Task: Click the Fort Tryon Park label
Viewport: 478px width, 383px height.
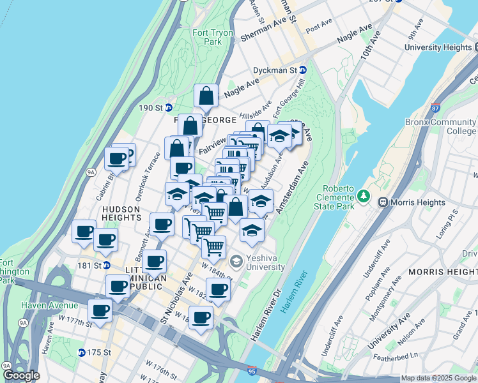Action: [x=208, y=38]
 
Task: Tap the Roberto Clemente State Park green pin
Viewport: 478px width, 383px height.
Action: [x=364, y=195]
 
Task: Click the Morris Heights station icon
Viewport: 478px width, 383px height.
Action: [x=383, y=202]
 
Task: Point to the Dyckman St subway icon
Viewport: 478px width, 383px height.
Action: [x=303, y=70]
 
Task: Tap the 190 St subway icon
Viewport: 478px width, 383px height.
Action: [x=168, y=107]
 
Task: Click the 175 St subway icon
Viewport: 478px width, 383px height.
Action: [x=82, y=352]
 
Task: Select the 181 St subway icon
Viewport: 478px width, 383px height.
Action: [x=107, y=265]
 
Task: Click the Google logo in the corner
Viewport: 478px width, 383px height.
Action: [x=20, y=375]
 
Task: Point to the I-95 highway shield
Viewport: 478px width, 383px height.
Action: [x=254, y=370]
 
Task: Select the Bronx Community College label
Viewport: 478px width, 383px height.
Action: [x=440, y=126]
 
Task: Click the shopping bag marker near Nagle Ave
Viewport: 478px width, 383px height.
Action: [x=206, y=97]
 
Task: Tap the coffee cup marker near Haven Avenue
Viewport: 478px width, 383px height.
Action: [x=100, y=312]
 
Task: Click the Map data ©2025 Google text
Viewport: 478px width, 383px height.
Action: [x=438, y=378]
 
